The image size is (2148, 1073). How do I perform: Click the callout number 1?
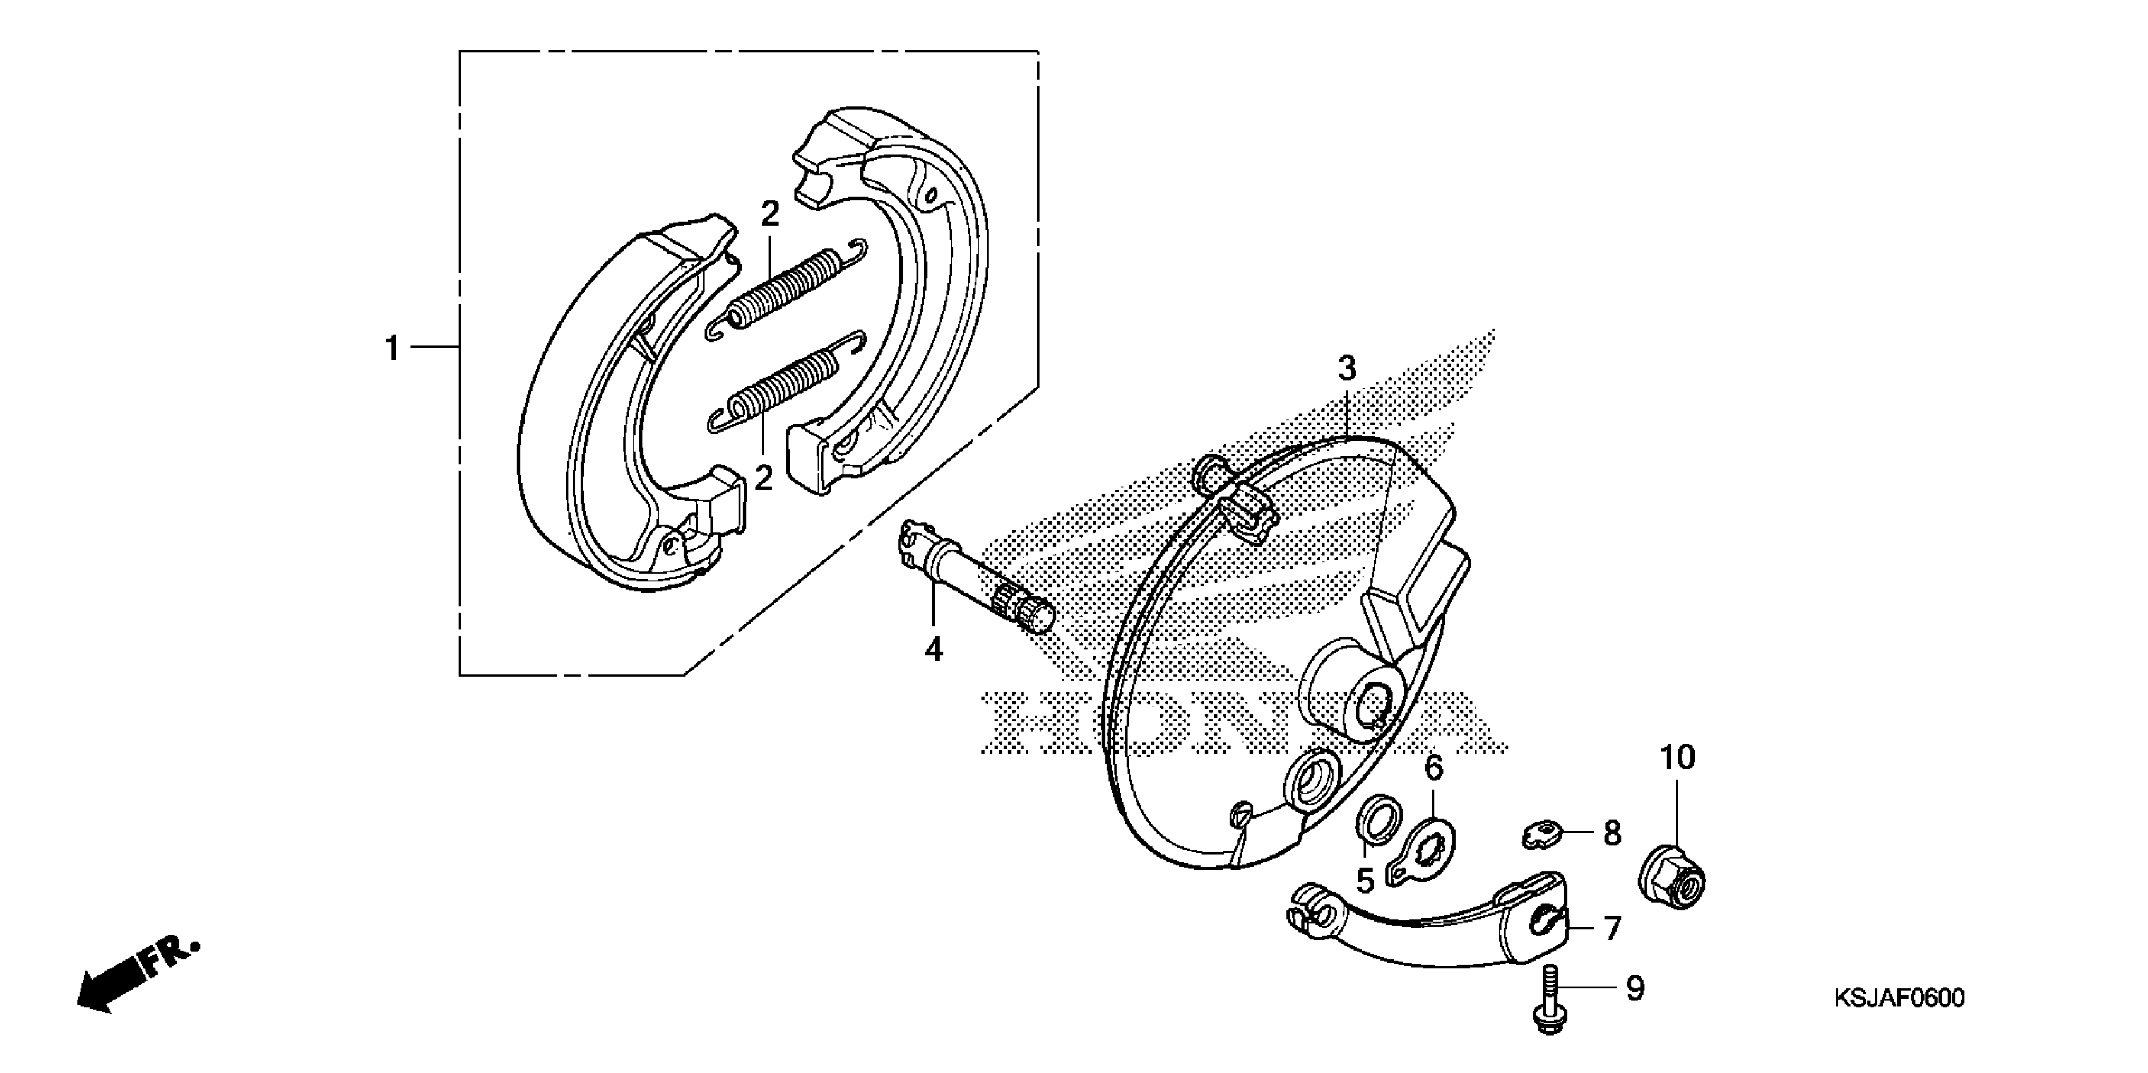coord(392,348)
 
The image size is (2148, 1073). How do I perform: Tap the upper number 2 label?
coord(769,215)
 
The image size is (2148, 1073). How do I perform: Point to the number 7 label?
coord(1612,928)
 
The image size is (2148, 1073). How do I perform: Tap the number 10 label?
coord(1677,758)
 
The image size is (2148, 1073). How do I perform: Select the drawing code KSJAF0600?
coord(1898,998)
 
